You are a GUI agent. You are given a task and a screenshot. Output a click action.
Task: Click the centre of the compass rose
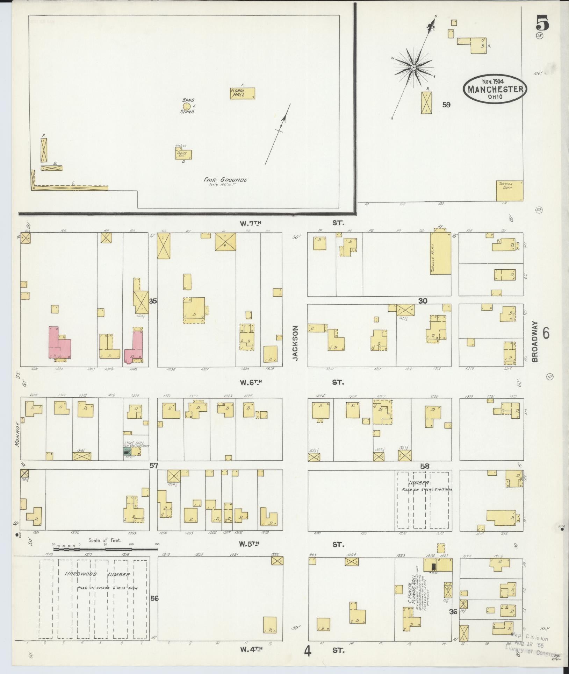click(x=413, y=67)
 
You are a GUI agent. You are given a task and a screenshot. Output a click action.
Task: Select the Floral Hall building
click(x=242, y=93)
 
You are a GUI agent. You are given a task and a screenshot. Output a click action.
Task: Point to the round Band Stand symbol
click(x=187, y=106)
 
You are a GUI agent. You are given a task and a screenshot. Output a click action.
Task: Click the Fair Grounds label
click(x=225, y=180)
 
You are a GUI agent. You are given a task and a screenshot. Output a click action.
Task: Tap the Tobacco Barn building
click(x=509, y=191)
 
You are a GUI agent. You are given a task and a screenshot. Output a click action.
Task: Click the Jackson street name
click(x=296, y=343)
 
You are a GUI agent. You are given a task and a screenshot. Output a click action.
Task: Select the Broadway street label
click(x=535, y=342)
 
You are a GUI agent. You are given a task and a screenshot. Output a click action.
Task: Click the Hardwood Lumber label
click(x=97, y=574)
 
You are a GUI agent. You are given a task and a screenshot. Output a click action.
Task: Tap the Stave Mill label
click(x=131, y=443)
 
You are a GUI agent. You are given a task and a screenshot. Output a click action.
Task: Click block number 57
click(x=154, y=466)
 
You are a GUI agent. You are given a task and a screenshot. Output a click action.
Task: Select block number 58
click(x=425, y=466)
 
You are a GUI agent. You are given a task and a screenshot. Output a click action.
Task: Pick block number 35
click(x=153, y=301)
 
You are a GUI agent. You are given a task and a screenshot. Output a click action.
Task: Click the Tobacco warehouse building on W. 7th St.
click(x=440, y=254)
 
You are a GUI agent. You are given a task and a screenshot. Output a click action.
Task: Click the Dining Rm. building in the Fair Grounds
click(x=183, y=154)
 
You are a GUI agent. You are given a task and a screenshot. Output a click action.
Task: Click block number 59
click(x=446, y=105)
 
